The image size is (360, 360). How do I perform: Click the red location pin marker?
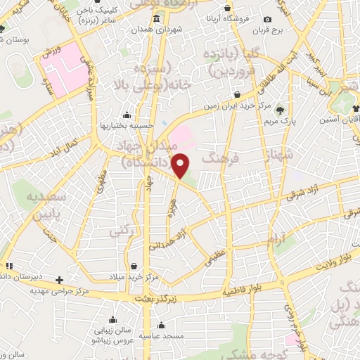click(181, 166)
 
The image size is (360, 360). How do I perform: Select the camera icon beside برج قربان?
click(266, 19)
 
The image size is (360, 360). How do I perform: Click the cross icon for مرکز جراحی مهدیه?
click(60, 279)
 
